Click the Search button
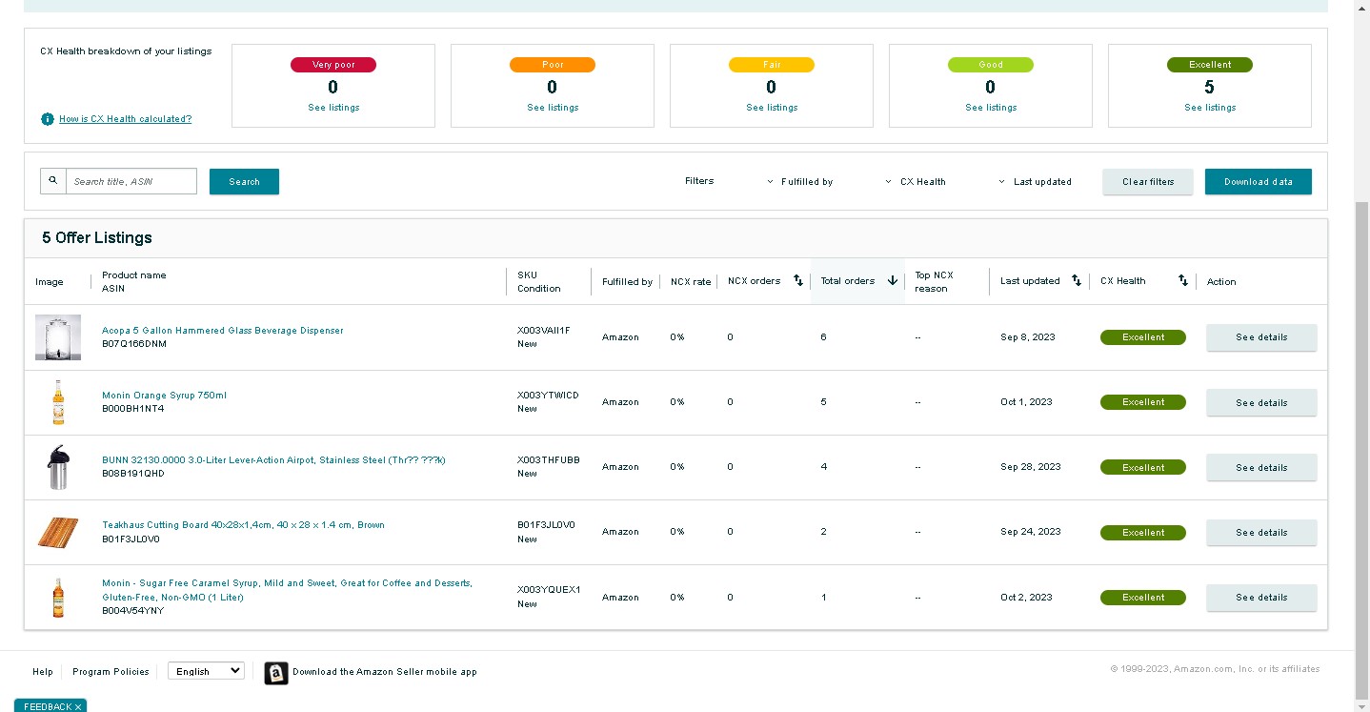244,182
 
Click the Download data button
1259,182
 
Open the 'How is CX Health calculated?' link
126,118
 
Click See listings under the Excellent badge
1210,108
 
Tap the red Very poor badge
333,65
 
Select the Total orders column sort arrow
893,281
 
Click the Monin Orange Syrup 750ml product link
164,396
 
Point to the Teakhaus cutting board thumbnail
58,532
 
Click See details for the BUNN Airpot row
1261,467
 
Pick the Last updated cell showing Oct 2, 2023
1026,597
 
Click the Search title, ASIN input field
131,182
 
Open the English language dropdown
206,671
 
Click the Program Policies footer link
111,672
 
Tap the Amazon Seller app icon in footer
276,673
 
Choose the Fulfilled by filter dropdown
800,182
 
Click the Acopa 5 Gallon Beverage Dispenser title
223,331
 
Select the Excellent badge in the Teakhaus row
1142,533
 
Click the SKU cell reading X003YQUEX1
549,590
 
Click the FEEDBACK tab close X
78,707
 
